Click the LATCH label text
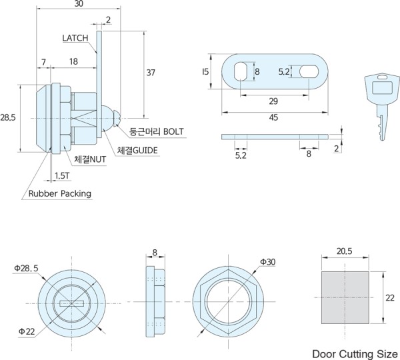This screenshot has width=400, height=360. pyautogui.click(x=75, y=38)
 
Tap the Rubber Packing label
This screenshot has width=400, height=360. pyautogui.click(x=59, y=194)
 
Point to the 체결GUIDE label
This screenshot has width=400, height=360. pyautogui.click(x=137, y=151)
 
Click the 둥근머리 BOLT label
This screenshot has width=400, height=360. pyautogui.click(x=156, y=131)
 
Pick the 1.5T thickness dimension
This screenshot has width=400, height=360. pyautogui.click(x=62, y=176)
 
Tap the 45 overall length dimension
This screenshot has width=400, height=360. pyautogui.click(x=273, y=117)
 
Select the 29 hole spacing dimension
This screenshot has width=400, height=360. pyautogui.click(x=273, y=101)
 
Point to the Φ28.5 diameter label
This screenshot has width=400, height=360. pyautogui.click(x=26, y=268)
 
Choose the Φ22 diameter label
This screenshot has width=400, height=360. pyautogui.click(x=26, y=331)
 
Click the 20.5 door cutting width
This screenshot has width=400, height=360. pyautogui.click(x=344, y=251)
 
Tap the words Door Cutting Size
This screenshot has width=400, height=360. pyautogui.click(x=355, y=353)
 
